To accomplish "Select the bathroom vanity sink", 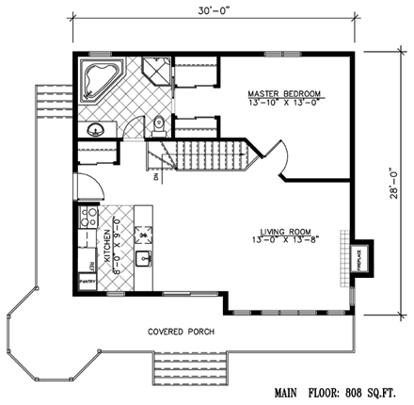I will tap(94, 129).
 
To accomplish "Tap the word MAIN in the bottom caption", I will tap(290, 390).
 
